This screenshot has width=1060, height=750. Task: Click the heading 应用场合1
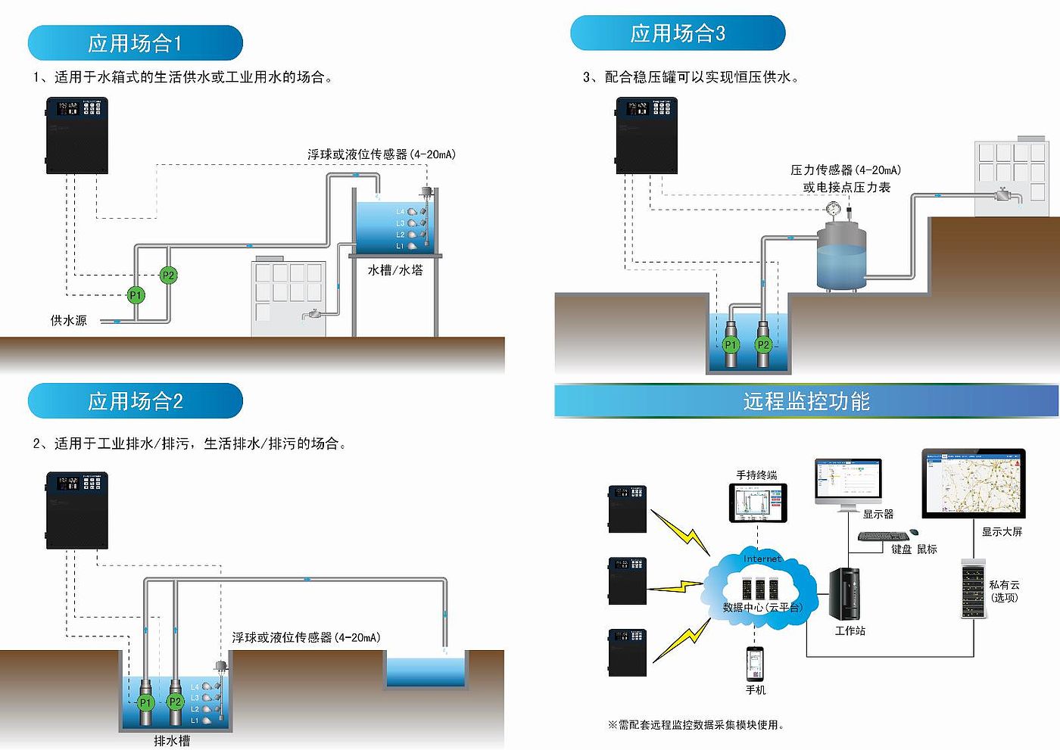click(135, 43)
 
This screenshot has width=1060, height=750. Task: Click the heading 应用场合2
click(135, 401)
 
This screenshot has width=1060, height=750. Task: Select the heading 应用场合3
click(677, 33)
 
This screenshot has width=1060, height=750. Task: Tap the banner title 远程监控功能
click(806, 401)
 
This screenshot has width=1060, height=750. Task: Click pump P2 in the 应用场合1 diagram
click(168, 275)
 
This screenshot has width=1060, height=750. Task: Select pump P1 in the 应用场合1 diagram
click(136, 295)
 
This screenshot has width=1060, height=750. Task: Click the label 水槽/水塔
click(395, 270)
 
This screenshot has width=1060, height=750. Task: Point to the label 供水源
click(68, 321)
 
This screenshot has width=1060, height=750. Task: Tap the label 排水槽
click(172, 741)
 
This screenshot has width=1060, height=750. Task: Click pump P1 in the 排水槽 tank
click(145, 702)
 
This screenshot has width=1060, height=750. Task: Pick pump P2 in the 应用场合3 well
click(763, 345)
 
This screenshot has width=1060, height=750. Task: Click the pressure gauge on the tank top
click(834, 207)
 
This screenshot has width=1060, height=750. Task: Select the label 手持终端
click(756, 475)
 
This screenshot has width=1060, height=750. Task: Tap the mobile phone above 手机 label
click(755, 664)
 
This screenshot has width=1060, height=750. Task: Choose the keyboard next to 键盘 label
click(883, 537)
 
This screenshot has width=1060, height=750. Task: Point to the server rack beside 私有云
click(973, 589)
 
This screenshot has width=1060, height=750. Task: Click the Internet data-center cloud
click(761, 587)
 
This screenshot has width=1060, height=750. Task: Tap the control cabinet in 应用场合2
click(77, 510)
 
